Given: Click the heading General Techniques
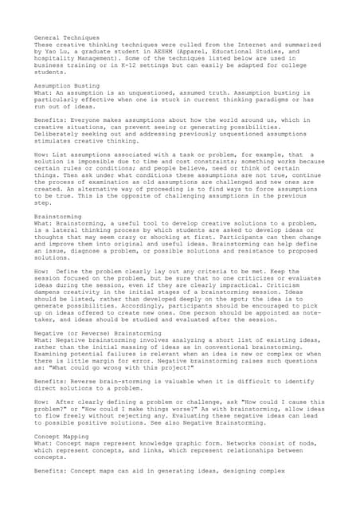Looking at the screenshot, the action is [x=68, y=37].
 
